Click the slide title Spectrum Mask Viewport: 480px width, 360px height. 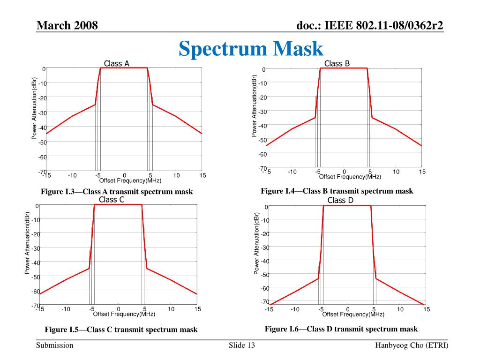point(251,49)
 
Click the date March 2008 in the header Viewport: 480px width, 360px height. point(67,25)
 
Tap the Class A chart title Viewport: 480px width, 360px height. point(117,63)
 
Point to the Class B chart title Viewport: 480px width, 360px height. point(337,63)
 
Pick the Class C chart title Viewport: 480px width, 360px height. point(112,200)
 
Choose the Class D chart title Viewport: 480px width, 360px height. point(340,200)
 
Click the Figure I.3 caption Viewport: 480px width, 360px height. point(117,192)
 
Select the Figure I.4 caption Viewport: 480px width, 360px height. point(337,191)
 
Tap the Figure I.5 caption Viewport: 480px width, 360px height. point(121,330)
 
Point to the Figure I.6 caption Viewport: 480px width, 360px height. point(341,329)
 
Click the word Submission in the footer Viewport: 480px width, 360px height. point(55,345)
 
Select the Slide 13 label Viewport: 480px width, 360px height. point(242,345)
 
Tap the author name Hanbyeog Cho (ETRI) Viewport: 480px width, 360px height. point(412,345)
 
